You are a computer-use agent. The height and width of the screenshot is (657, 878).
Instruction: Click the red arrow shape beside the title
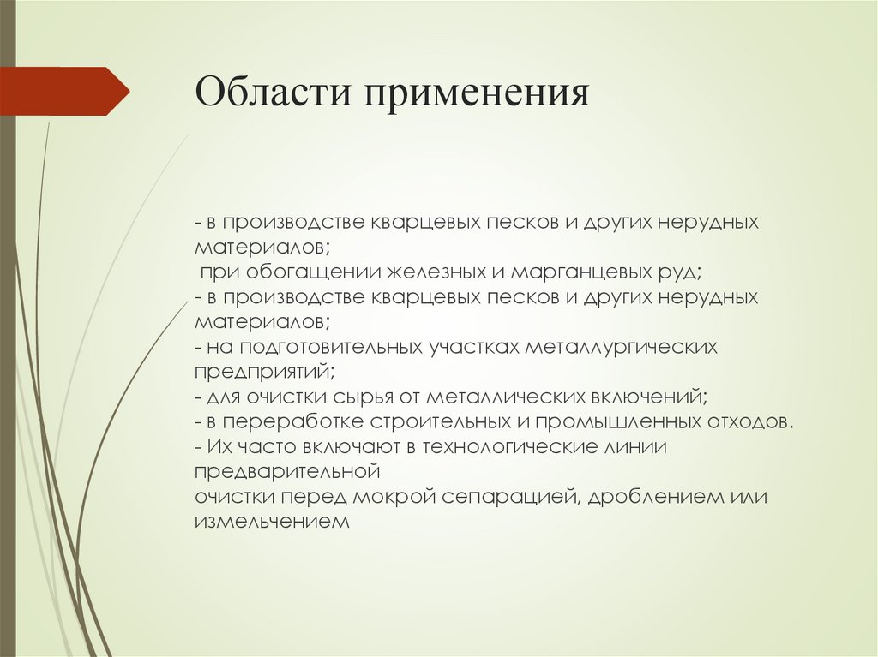[x=65, y=91]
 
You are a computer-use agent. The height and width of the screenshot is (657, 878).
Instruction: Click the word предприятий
[x=264, y=373]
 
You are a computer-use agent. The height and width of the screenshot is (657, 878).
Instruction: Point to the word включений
[x=647, y=397]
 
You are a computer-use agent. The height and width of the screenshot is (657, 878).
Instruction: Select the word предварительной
[x=287, y=472]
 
